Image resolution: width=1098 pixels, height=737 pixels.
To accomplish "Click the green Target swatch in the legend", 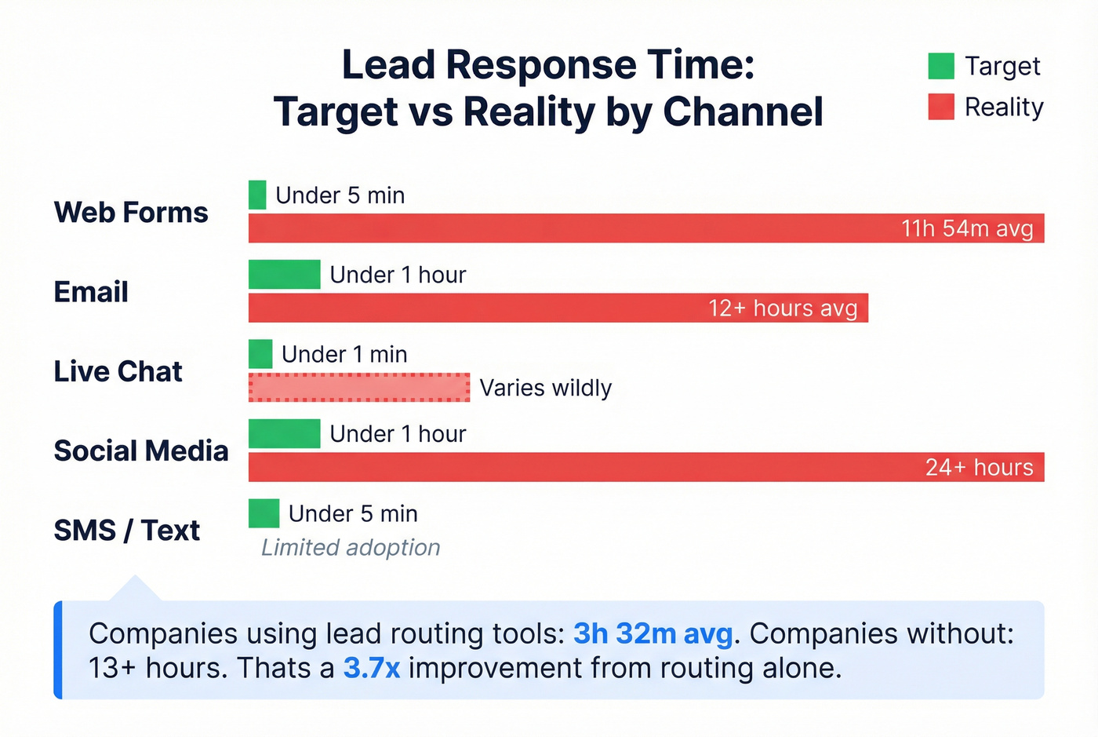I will click(940, 66).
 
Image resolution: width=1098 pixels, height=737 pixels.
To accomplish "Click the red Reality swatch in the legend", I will click(940, 107).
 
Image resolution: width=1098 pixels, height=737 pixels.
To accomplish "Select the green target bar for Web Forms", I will click(257, 195).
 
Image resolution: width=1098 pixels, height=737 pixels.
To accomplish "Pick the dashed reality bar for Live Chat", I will click(359, 388).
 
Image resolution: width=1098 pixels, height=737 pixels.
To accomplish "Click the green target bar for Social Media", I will click(284, 434).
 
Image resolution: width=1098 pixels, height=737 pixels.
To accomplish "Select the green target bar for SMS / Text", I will click(264, 513).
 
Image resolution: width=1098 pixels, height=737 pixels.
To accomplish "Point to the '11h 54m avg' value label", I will click(967, 228).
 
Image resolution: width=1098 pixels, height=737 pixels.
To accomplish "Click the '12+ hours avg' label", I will click(783, 308).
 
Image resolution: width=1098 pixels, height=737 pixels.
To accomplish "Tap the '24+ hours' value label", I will click(979, 467).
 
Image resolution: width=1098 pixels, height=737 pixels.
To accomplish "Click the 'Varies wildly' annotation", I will click(545, 388).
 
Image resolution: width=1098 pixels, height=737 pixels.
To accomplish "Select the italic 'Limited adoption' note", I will click(351, 547).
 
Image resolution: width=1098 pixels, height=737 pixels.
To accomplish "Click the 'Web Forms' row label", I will click(131, 213).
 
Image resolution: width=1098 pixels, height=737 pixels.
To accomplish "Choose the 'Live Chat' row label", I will click(118, 371).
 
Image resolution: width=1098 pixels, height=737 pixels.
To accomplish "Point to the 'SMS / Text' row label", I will click(126, 531).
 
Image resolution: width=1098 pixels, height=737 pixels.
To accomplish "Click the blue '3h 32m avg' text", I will click(653, 633).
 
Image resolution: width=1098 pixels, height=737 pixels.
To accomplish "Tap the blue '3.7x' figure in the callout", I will click(372, 668).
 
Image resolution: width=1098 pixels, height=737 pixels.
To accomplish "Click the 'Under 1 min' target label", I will click(344, 355).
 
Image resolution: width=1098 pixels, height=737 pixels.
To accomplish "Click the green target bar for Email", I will click(284, 275).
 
